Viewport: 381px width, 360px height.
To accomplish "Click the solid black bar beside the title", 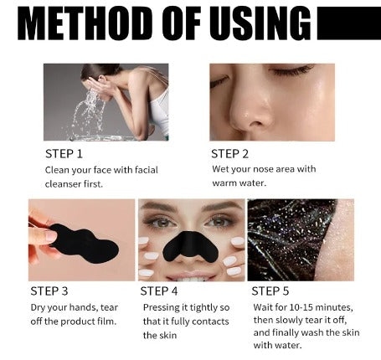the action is [x=349, y=23].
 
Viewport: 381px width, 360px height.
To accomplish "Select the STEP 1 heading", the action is [x=64, y=154].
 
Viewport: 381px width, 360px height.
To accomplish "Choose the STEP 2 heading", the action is [x=229, y=154].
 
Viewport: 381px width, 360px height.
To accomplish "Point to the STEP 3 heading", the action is [x=49, y=291].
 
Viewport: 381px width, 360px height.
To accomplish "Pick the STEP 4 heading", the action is [x=159, y=291].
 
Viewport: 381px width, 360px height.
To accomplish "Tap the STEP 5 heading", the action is [x=270, y=291].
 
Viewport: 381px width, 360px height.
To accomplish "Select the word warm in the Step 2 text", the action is [x=224, y=183].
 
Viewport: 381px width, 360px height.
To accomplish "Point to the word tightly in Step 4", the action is [x=203, y=308].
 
